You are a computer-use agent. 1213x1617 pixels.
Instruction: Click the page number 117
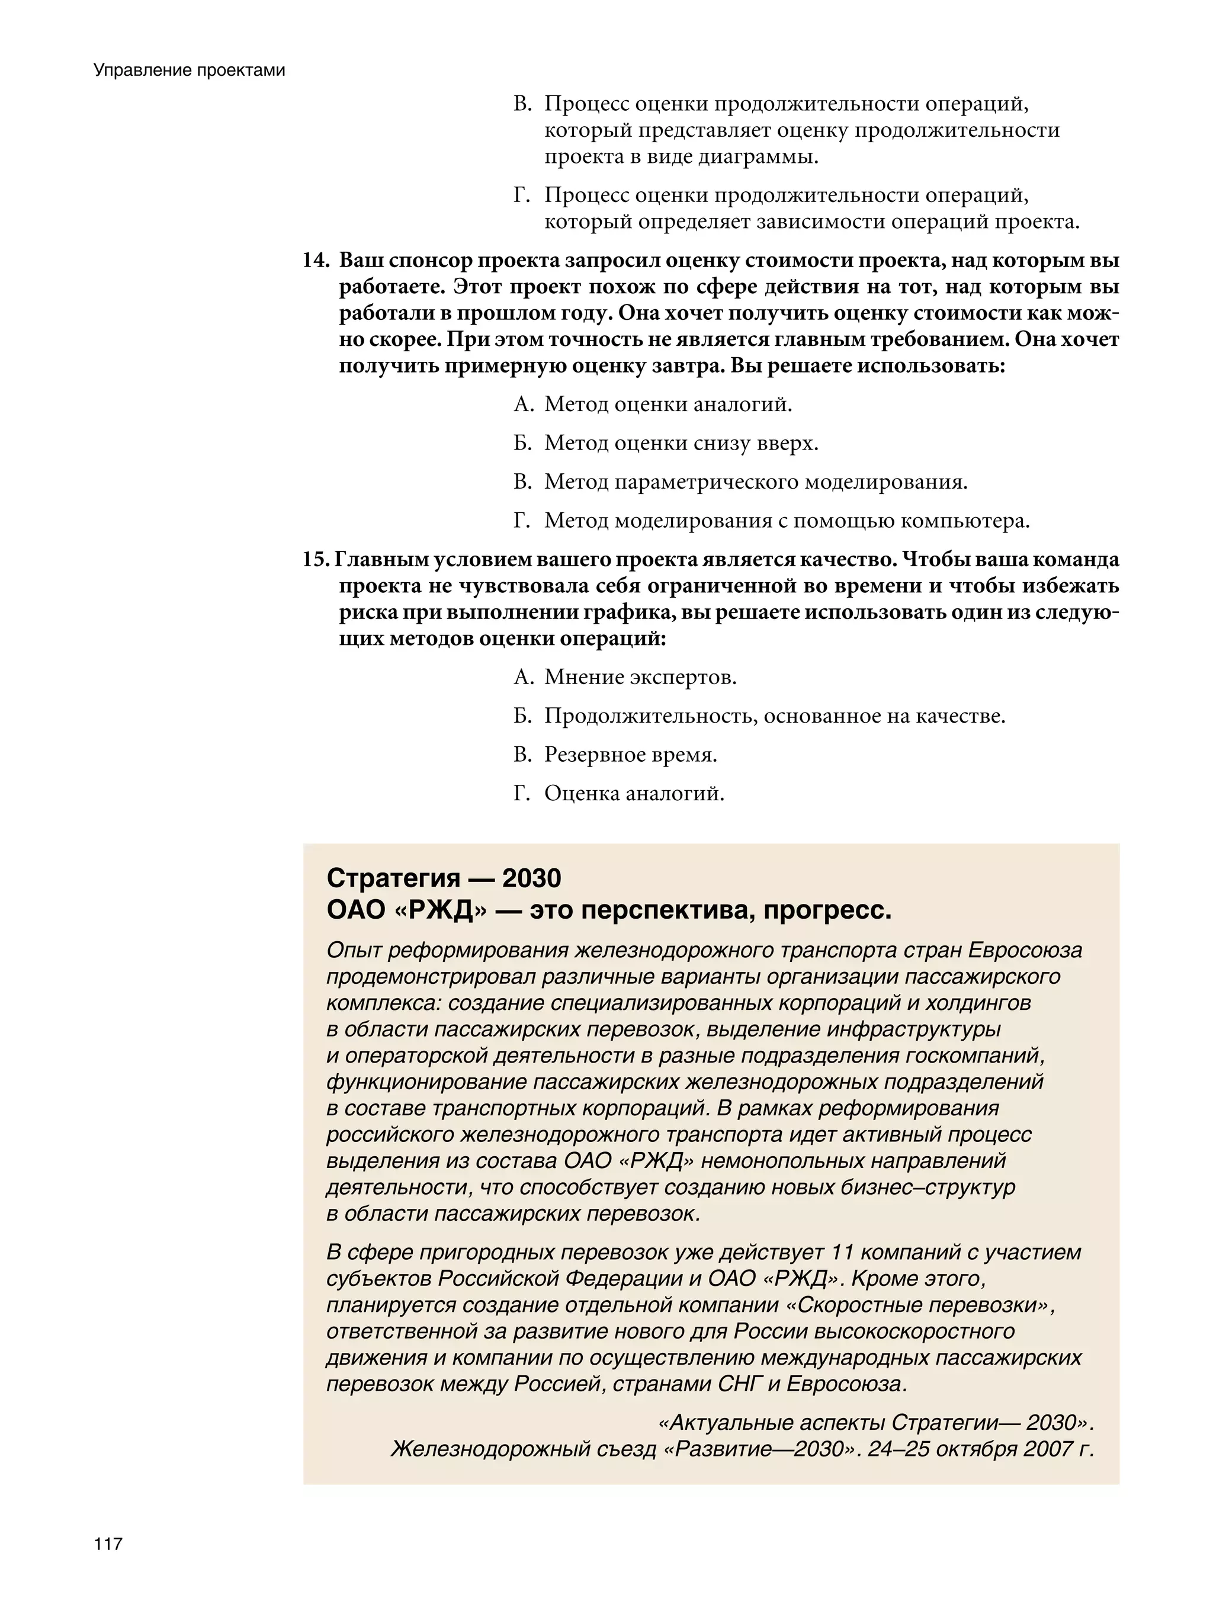point(108,1544)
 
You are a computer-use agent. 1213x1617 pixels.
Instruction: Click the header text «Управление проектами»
point(190,70)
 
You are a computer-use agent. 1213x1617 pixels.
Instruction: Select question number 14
point(317,261)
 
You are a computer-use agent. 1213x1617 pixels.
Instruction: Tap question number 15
point(315,560)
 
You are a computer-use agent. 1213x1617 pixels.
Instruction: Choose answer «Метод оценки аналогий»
point(668,404)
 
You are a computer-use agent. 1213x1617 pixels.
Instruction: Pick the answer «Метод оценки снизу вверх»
point(681,443)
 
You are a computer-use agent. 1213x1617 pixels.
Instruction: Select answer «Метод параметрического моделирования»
point(755,482)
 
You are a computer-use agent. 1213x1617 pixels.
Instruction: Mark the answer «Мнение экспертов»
point(640,677)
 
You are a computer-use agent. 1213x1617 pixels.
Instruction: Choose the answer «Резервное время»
point(630,755)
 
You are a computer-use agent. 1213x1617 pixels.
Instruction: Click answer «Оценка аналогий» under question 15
point(634,793)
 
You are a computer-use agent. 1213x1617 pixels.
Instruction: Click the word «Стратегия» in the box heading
point(393,877)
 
